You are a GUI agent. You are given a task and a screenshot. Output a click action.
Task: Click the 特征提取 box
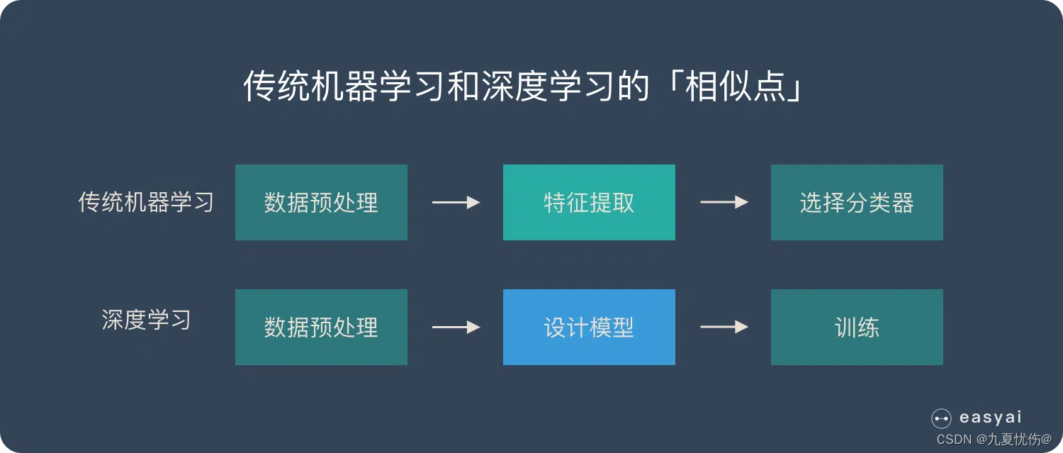tap(589, 203)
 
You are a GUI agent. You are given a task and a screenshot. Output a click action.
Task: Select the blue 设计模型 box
tap(589, 327)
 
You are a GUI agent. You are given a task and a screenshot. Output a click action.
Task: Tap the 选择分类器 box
tap(857, 203)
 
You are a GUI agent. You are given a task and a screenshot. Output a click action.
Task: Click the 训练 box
tap(857, 327)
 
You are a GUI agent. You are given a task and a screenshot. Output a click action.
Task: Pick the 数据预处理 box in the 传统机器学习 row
tap(321, 203)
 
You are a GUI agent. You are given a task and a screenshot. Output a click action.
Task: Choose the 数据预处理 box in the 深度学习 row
tap(321, 327)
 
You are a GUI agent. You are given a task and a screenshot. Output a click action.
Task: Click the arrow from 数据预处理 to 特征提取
tap(456, 203)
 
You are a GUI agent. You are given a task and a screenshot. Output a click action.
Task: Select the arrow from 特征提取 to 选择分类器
tap(724, 203)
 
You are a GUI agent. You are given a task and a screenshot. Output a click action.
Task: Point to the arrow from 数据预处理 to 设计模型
tap(456, 327)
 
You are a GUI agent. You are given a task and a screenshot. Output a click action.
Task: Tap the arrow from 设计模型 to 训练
tap(724, 327)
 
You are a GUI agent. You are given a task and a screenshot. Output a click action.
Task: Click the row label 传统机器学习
tap(146, 203)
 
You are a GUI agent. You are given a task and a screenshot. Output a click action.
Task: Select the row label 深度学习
tap(146, 320)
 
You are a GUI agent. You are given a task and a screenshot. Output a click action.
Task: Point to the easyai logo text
tap(990, 418)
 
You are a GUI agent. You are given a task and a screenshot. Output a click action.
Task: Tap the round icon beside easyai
tap(941, 419)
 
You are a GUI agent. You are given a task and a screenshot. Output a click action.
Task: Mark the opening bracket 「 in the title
tap(671, 85)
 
